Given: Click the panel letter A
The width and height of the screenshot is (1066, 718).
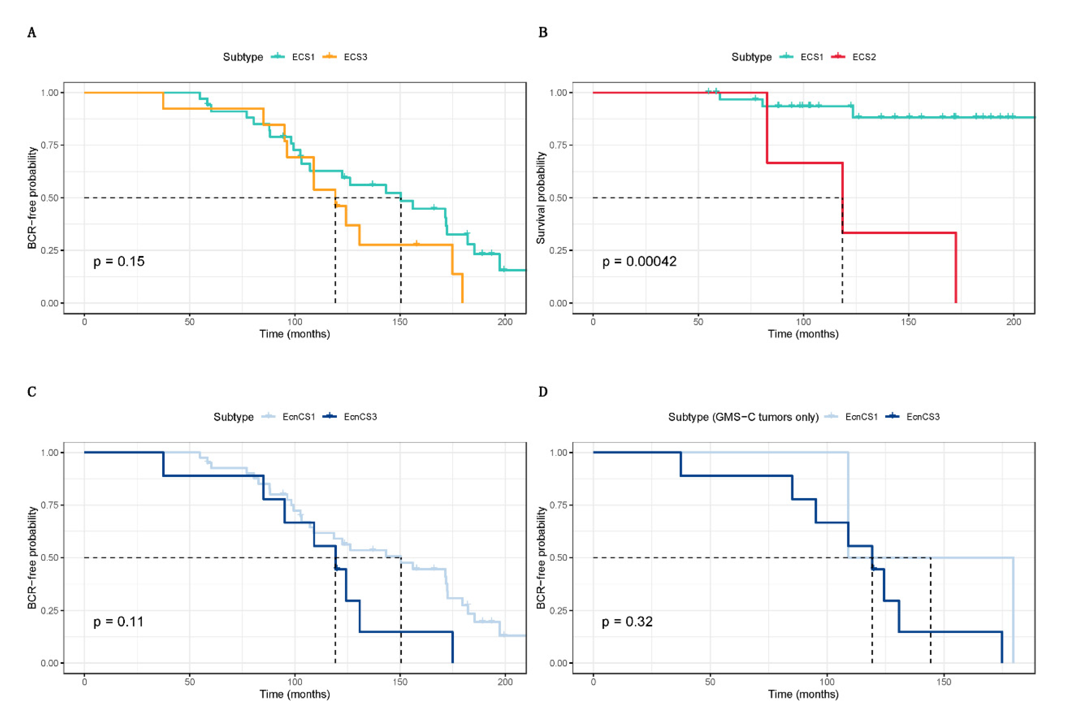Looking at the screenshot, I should tap(32, 32).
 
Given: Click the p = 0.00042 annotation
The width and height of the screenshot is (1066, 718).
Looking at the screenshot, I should tap(639, 261).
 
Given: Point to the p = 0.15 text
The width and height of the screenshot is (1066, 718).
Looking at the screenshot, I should tap(119, 261).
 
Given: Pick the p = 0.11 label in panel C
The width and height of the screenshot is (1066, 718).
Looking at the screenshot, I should tap(119, 622).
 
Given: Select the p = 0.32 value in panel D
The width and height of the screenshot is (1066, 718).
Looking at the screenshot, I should tap(627, 622).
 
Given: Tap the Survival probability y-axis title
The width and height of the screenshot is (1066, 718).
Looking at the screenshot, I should tap(541, 198).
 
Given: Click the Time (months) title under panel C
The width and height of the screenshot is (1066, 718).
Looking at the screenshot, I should tap(295, 694).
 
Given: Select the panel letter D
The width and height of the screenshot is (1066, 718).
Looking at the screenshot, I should tap(543, 392).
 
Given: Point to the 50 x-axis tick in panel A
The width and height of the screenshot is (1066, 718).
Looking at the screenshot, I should tap(189, 322).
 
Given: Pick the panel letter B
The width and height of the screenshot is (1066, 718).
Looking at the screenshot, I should tap(543, 32).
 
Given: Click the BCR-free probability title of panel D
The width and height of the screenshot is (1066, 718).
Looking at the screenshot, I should tap(541, 558).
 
